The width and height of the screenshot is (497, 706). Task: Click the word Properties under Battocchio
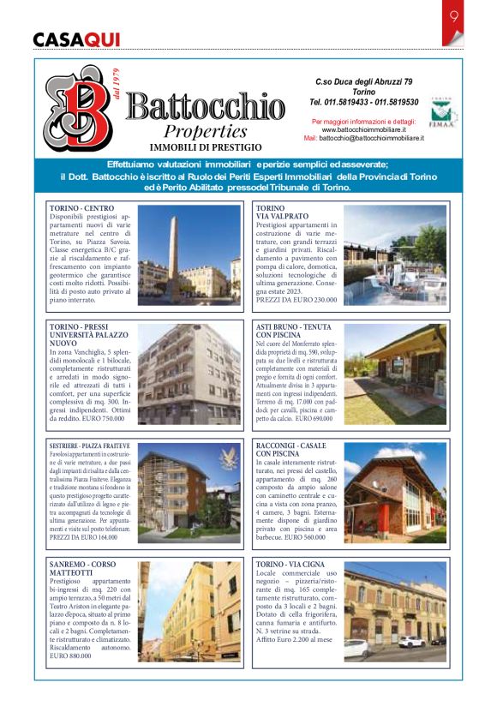click(206, 132)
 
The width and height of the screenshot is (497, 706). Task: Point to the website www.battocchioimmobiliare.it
click(364, 129)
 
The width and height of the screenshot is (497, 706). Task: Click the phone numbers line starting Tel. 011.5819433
click(364, 101)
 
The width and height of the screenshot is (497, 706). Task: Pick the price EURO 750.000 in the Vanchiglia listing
click(106, 418)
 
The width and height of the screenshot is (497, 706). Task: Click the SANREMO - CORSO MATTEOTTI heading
click(83, 570)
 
